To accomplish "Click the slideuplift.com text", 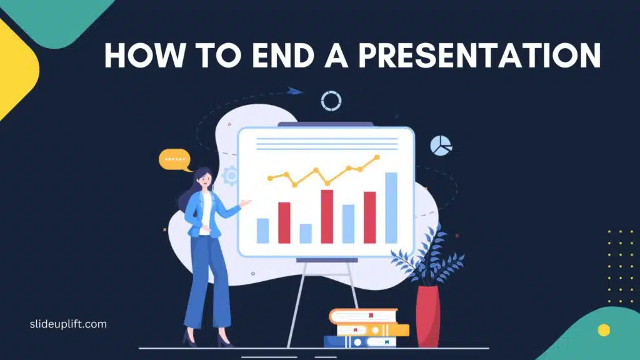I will coord(69,324).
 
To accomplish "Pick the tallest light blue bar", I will coord(391,207).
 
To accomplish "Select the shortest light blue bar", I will coord(306,233).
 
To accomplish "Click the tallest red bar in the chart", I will coord(327,216).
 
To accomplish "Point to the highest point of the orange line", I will coord(377,157).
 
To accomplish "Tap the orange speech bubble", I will coord(175,160).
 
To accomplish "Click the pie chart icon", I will coord(440,146).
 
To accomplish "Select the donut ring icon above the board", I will coord(331,101).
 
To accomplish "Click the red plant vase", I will coord(427,315).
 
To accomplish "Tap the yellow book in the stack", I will coord(372,329).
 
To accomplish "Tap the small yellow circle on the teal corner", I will coord(603,329).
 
